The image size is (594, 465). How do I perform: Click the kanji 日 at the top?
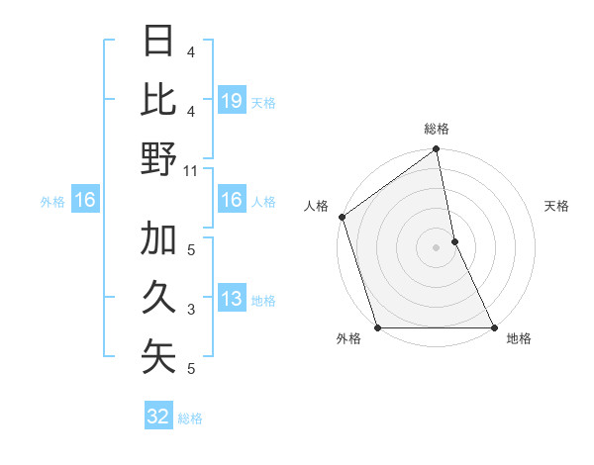[158, 43]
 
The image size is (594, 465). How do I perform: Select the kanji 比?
[158, 100]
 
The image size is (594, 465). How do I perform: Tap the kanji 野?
[158, 158]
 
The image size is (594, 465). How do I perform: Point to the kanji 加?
[158, 239]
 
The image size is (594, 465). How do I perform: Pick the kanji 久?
[158, 297]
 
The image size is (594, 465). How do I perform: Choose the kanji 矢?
[158, 356]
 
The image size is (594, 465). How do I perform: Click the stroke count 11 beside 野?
[191, 170]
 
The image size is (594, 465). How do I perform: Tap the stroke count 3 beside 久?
[190, 310]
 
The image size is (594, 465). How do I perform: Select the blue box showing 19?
[231, 101]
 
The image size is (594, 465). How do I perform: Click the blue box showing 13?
[231, 299]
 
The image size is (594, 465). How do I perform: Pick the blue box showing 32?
[158, 417]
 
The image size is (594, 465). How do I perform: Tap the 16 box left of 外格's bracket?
[85, 201]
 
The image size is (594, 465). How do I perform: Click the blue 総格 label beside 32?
[190, 418]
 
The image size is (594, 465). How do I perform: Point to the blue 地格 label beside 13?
[263, 300]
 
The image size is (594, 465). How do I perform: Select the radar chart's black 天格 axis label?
[556, 206]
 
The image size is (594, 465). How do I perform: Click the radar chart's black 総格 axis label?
[436, 129]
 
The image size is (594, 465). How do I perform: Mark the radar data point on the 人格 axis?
[342, 217]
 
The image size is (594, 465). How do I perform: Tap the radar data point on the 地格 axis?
[493, 326]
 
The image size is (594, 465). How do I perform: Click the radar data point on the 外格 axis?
[377, 326]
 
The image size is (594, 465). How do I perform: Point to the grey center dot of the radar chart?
[436, 246]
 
